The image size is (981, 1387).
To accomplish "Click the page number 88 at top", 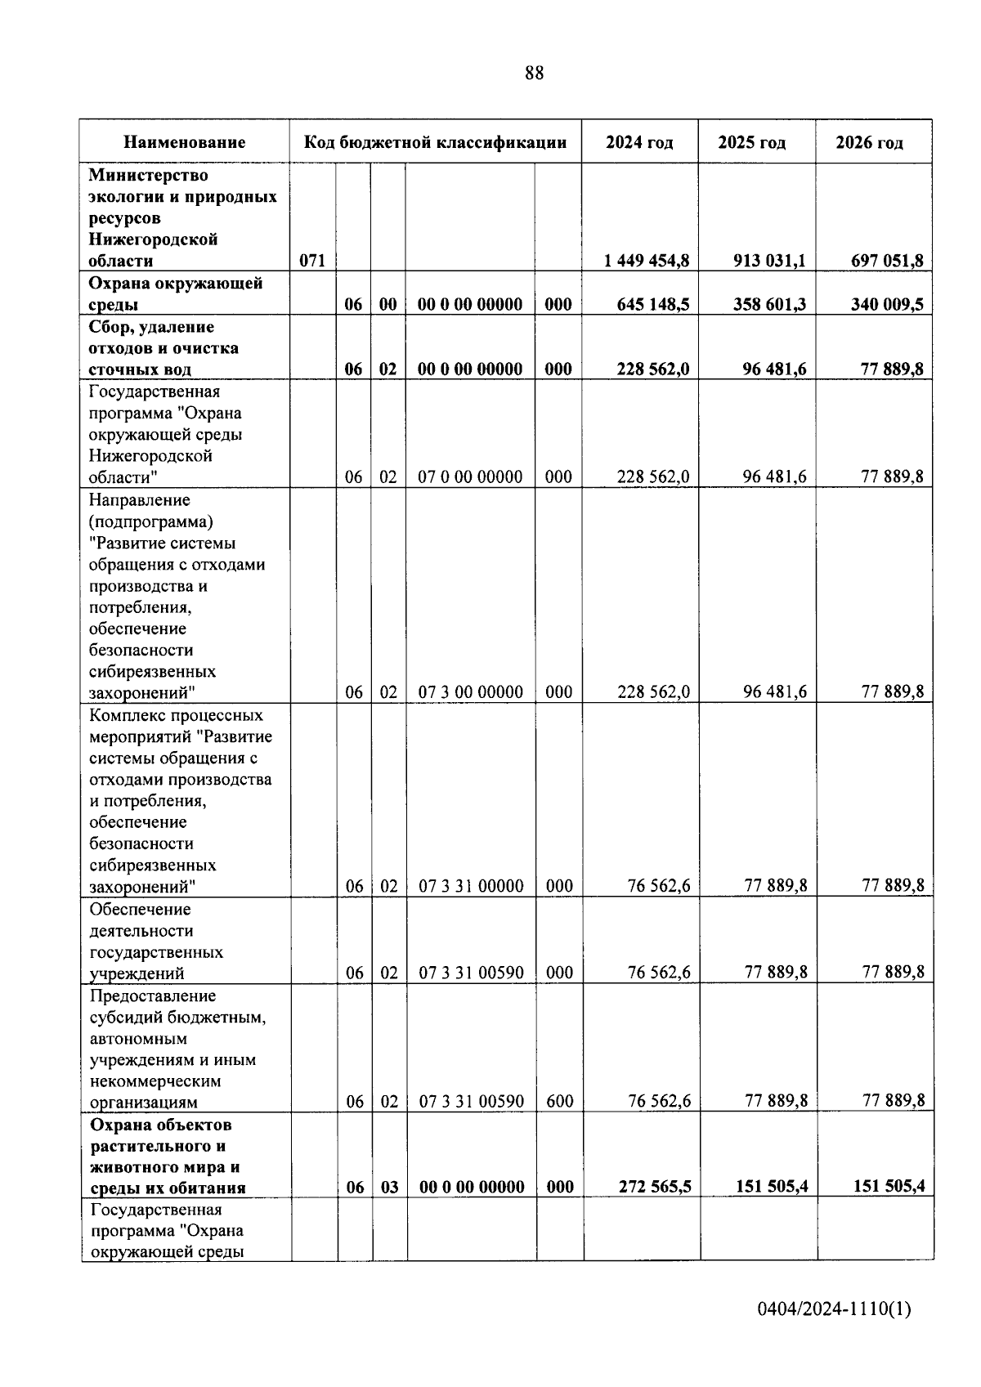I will (534, 74).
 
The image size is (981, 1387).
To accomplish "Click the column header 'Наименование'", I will (185, 142).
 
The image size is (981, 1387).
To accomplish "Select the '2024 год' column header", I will (639, 142).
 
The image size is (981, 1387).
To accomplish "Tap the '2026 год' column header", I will (869, 142).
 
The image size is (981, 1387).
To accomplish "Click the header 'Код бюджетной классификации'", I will (435, 142).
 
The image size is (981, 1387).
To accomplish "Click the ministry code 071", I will (312, 261).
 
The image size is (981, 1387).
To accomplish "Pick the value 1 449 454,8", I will (646, 261).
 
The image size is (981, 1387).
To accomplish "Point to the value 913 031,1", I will (769, 261).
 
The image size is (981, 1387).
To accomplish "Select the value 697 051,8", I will (887, 261).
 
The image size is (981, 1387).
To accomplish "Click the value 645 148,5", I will (652, 304).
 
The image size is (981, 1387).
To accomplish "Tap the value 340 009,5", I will (887, 304).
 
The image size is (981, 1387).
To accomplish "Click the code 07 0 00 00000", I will (470, 477).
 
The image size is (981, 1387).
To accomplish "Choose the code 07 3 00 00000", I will (471, 692).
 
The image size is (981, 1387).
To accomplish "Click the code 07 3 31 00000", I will (471, 886).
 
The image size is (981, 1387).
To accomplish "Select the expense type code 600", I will (559, 1102).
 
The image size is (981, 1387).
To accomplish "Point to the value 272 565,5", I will (654, 1187).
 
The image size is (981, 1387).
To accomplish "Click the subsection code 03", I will (389, 1187).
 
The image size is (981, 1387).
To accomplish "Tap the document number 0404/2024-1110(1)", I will (834, 1309).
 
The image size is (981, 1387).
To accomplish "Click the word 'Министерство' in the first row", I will (148, 175).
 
